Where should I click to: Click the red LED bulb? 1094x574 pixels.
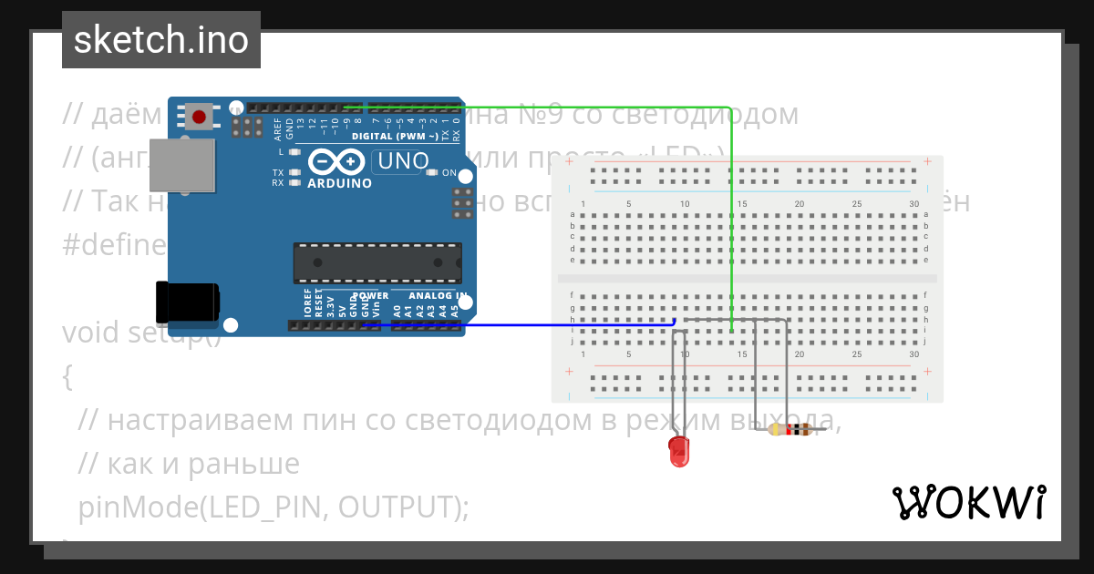point(679,451)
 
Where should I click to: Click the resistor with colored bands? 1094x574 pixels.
point(790,430)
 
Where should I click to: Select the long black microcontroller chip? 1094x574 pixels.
point(377,262)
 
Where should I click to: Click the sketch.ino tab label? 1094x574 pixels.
point(161,40)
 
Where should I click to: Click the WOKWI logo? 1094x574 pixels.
point(968,502)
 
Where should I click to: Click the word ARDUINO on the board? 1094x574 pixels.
point(339,183)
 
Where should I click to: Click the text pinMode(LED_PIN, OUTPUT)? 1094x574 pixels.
point(273,507)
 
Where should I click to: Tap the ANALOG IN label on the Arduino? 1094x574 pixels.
point(438,296)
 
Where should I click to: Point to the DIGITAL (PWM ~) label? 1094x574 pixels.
point(397,137)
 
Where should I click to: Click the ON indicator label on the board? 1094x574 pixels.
point(449,172)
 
